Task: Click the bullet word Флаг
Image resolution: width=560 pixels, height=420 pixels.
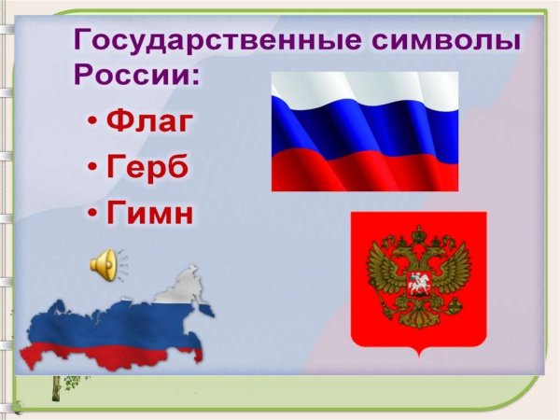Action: [153, 122]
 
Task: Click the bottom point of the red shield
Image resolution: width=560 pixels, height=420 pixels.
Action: [418, 357]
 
